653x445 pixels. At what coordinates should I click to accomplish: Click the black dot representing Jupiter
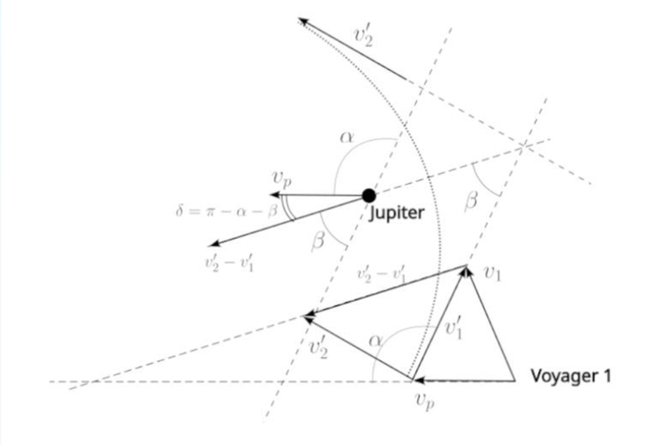point(369,195)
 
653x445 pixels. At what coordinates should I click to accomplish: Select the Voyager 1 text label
point(570,377)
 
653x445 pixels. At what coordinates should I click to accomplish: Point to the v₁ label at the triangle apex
point(493,272)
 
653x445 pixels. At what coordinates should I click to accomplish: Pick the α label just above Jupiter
point(347,137)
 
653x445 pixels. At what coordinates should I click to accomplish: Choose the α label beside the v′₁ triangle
point(375,341)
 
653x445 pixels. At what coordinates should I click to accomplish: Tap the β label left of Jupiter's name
point(318,243)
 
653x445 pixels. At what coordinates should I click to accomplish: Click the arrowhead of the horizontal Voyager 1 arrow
point(418,380)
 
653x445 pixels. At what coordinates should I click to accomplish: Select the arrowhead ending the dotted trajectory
point(302,21)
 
